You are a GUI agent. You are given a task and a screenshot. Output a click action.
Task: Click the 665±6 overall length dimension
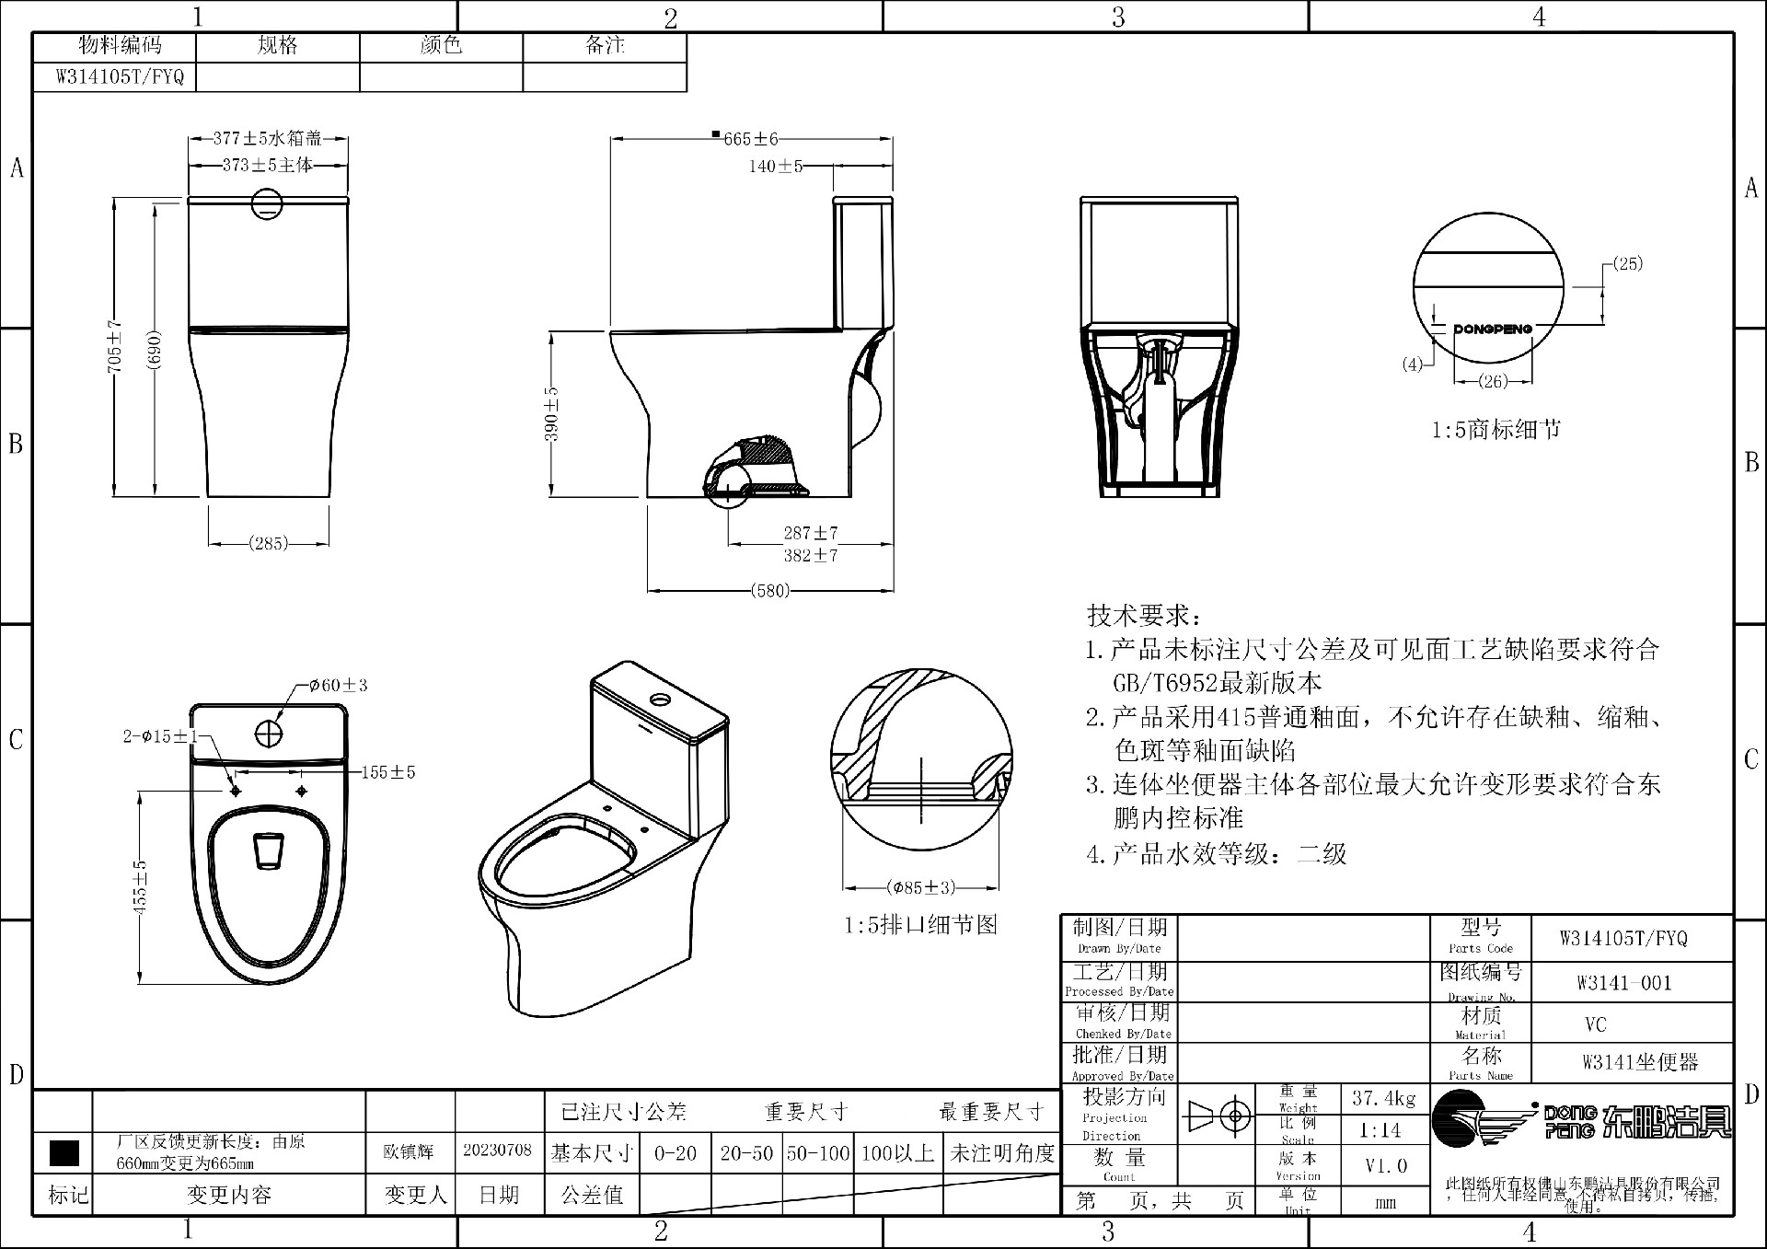pos(750,139)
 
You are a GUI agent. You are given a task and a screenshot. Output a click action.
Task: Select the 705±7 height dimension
pos(115,346)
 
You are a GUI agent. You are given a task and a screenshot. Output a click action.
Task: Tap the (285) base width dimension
pos(268,543)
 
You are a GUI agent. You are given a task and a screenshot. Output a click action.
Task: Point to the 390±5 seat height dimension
pos(551,413)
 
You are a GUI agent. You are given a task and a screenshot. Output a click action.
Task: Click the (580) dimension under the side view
pos(770,590)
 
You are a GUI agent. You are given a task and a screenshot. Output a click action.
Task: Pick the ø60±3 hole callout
pos(339,685)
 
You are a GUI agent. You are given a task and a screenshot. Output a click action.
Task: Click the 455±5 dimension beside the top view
pos(140,887)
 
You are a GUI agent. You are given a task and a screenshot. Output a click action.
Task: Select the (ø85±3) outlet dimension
pos(921,887)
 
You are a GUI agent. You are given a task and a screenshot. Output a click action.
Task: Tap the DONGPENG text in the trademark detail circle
pos(1493,329)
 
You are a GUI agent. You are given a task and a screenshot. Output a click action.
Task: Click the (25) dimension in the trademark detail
pos(1627,264)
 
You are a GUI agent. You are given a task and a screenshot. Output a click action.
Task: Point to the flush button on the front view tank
pos(268,203)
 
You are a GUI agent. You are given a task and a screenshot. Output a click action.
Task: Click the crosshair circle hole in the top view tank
pos(269,734)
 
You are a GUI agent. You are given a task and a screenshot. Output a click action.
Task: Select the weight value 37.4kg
pos(1383,1098)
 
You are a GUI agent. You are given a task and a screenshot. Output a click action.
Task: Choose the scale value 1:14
pos(1380,1130)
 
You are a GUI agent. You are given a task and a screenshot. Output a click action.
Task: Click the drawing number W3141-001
pos(1623,983)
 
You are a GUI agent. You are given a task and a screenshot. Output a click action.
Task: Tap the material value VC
pos(1595,1024)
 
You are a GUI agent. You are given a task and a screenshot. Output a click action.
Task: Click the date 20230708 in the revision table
pos(497,1151)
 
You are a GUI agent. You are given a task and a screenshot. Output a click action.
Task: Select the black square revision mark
pos(64,1152)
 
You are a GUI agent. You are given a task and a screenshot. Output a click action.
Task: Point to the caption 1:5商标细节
pos(1496,430)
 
